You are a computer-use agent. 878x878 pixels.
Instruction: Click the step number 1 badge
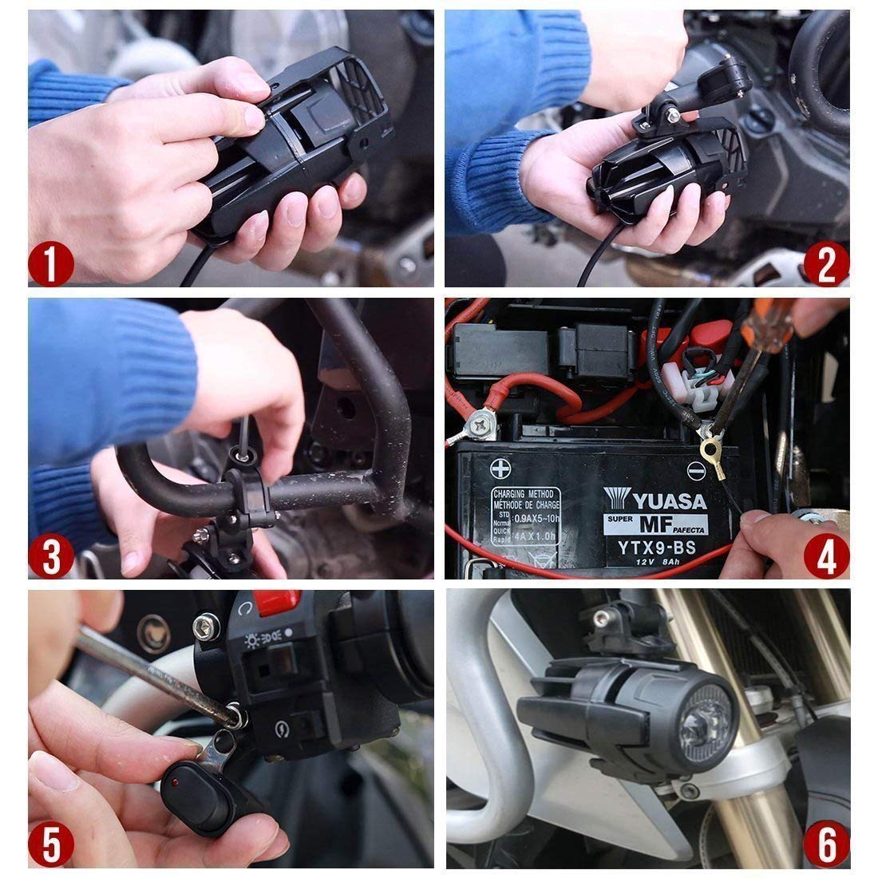click(x=51, y=264)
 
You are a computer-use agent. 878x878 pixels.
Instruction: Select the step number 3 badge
click(x=51, y=556)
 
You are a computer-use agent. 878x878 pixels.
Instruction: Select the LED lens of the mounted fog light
click(x=701, y=717)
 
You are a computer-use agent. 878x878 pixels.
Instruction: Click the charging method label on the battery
click(x=525, y=516)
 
